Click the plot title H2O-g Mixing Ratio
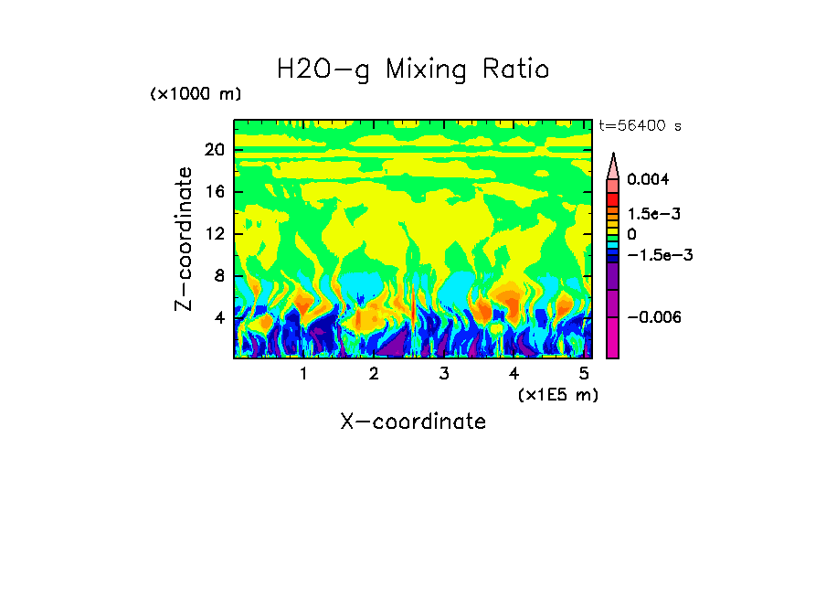click(413, 69)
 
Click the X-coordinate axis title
click(413, 422)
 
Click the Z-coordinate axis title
click(185, 239)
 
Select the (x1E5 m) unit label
click(557, 394)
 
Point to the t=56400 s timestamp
click(640, 126)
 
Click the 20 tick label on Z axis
click(214, 150)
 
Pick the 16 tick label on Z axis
click(214, 192)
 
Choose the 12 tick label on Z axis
click(214, 234)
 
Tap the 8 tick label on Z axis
click(218, 276)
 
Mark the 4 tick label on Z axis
click(218, 318)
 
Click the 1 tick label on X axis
click(303, 373)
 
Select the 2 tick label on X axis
click(374, 373)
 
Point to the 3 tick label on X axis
click(444, 373)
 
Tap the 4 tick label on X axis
click(514, 373)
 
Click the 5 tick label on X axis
click(584, 373)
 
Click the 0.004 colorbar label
click(648, 179)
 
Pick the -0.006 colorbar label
click(653, 317)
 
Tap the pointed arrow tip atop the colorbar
click(613, 156)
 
